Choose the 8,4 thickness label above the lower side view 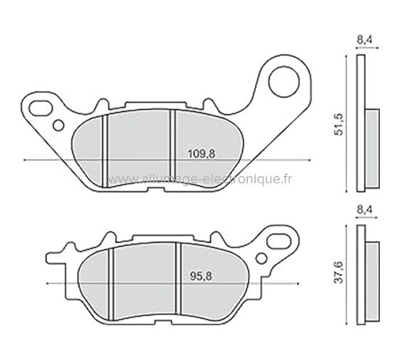[363, 210]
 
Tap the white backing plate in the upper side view [361, 121]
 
